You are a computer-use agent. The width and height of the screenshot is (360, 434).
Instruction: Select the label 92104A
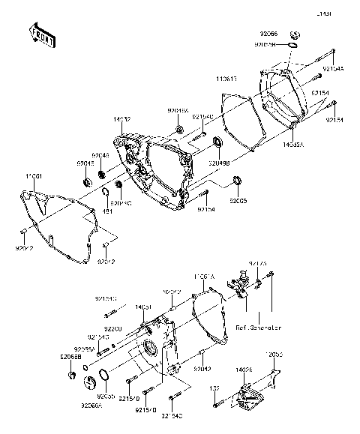pyautogui.click(x=334, y=68)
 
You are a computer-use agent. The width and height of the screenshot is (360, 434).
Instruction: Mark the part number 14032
pyautogui.click(x=122, y=119)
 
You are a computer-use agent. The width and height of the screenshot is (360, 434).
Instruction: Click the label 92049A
pyautogui.click(x=178, y=109)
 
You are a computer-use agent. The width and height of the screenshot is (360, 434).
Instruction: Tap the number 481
pyautogui.click(x=106, y=213)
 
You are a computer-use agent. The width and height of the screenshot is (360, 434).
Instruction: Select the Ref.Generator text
pyautogui.click(x=258, y=328)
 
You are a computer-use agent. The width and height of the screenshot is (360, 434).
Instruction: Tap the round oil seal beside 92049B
pyautogui.click(x=218, y=142)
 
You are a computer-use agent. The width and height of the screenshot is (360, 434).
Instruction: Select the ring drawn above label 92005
pyautogui.click(x=238, y=180)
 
